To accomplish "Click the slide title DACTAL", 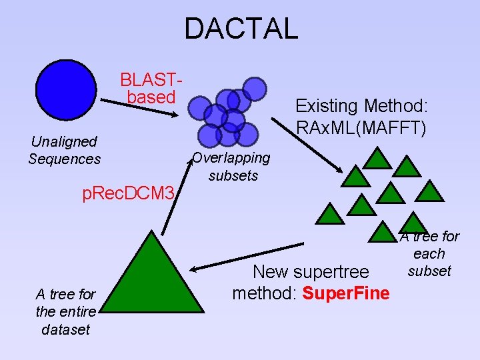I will coord(241,29).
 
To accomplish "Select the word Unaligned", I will coord(64,141).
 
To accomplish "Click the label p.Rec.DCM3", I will coord(128,194).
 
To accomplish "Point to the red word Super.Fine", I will coord(346,292).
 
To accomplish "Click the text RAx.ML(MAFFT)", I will coord(361,127).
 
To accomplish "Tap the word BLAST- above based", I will coord(151,80).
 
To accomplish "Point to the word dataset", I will coord(65,329).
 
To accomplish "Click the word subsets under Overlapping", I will coord(233,176).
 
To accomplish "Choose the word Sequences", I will coord(65,159).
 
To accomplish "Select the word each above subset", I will coord(429,253).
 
